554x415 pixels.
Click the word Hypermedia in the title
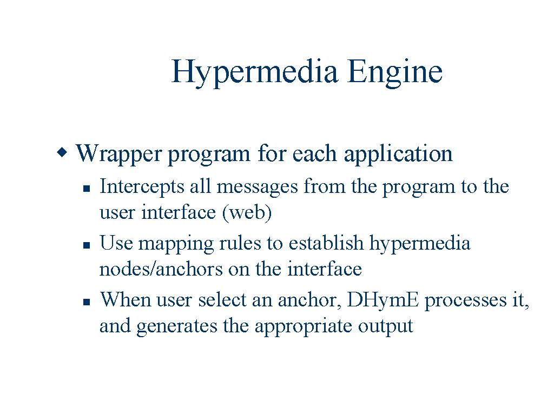click(254, 73)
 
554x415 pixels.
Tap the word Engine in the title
click(394, 73)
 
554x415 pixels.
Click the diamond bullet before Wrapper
click(62, 152)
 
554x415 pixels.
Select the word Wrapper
click(118, 155)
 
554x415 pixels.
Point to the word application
click(398, 155)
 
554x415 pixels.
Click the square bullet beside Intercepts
click(87, 189)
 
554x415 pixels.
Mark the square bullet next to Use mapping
click(87, 245)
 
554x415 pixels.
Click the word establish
click(326, 243)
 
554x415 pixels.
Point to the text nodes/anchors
click(161, 269)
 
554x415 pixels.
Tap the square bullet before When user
click(87, 302)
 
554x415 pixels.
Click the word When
click(126, 299)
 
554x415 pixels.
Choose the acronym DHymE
click(383, 300)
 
